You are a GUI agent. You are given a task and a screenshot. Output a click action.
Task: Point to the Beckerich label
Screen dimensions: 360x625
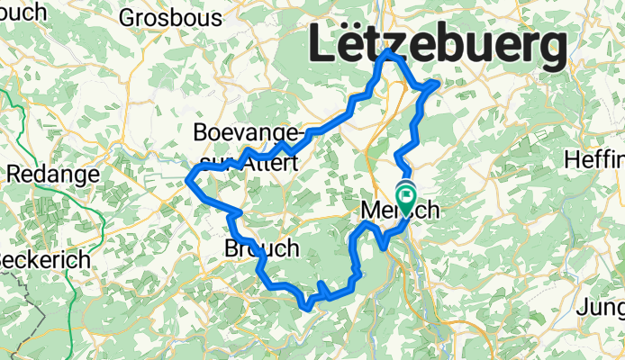pyautogui.click(x=43, y=259)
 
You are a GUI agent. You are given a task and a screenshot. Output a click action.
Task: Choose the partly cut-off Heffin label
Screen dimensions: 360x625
pyautogui.click(x=594, y=159)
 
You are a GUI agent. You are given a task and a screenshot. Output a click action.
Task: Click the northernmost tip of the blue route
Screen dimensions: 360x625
pyautogui.click(x=389, y=52)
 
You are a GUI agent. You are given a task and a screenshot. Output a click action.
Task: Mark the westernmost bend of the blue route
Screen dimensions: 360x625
pyautogui.click(x=188, y=179)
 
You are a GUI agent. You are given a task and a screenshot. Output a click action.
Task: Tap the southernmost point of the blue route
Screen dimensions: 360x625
pyautogui.click(x=308, y=308)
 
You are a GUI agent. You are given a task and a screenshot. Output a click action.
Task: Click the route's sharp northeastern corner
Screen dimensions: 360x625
pyautogui.click(x=437, y=83)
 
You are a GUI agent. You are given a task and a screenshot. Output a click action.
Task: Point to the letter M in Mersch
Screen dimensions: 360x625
pyautogui.click(x=371, y=211)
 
